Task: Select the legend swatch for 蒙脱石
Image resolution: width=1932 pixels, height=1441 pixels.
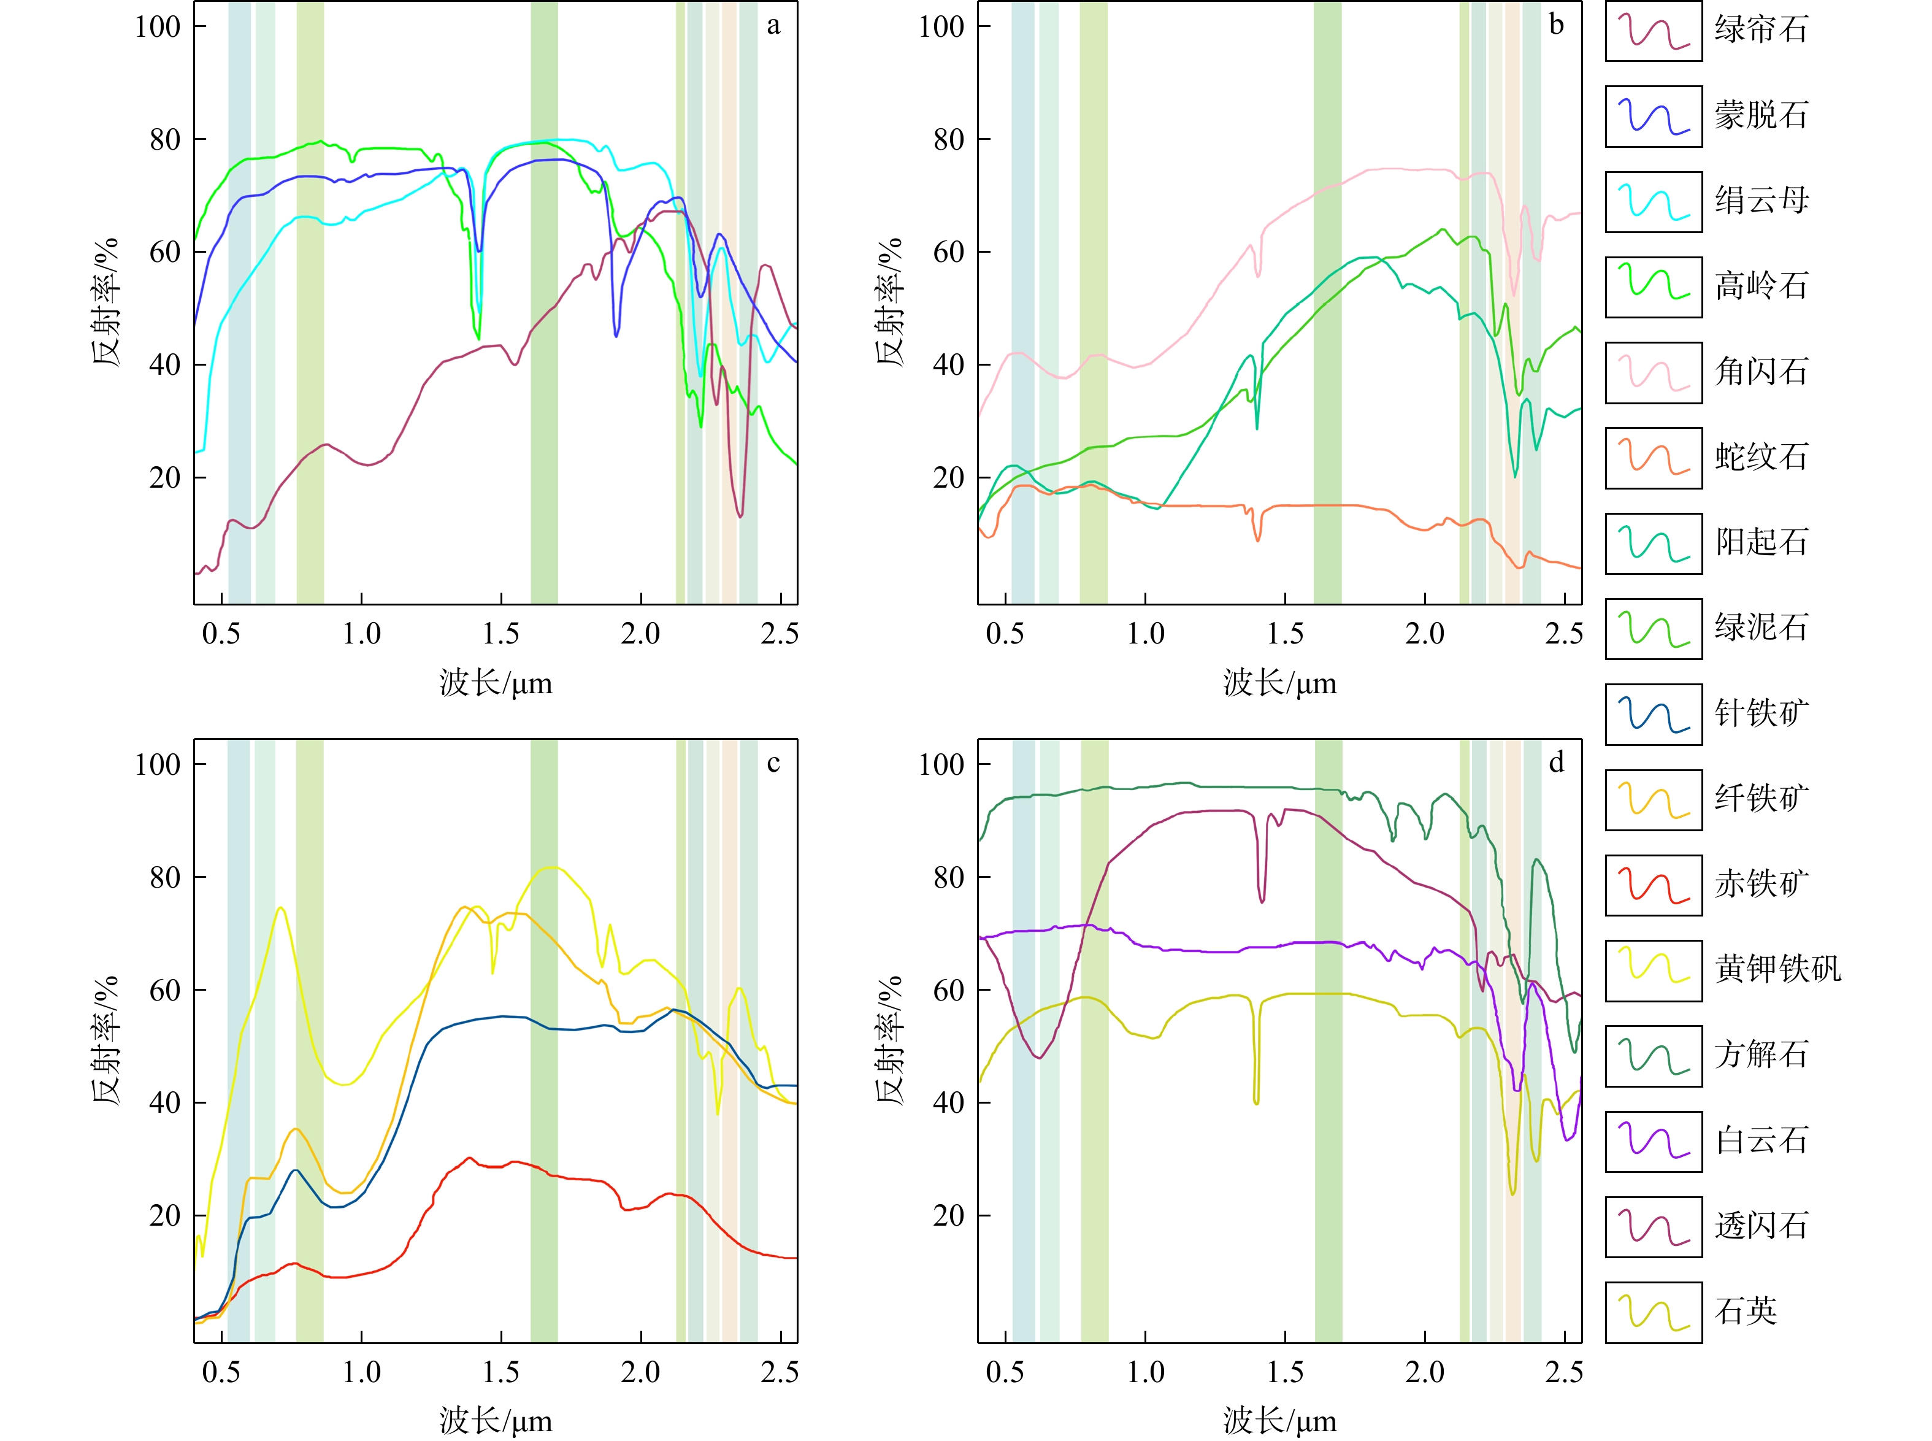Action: pos(1653,116)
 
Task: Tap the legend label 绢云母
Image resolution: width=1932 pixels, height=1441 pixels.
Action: pos(1761,201)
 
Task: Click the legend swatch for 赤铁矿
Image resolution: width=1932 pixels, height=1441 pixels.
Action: pos(1653,885)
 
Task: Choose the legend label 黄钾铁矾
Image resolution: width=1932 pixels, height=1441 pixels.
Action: pos(1777,970)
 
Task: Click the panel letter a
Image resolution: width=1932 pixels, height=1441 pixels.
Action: pos(773,25)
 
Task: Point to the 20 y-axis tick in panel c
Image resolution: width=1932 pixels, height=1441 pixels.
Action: pos(165,1216)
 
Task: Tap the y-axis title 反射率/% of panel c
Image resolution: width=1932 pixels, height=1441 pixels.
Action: pos(105,1040)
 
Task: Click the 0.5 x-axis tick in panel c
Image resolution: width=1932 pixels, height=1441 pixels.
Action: pos(221,1373)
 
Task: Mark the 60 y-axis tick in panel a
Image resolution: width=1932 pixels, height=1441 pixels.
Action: pos(165,252)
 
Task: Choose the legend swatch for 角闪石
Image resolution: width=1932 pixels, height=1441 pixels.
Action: pos(1653,372)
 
